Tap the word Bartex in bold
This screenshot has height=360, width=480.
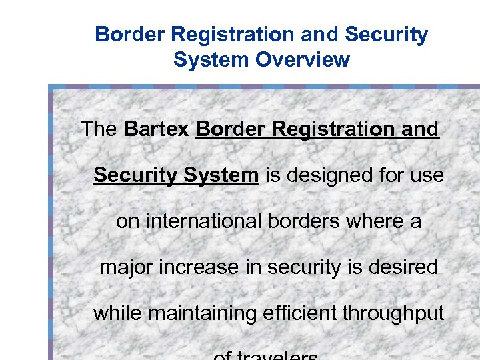pos(157,129)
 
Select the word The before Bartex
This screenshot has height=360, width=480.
pos(99,129)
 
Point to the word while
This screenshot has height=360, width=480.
pos(117,313)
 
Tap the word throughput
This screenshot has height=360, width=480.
pos(397,313)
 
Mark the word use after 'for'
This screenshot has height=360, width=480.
pos(427,175)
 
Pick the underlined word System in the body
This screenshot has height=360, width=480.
pos(221,175)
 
